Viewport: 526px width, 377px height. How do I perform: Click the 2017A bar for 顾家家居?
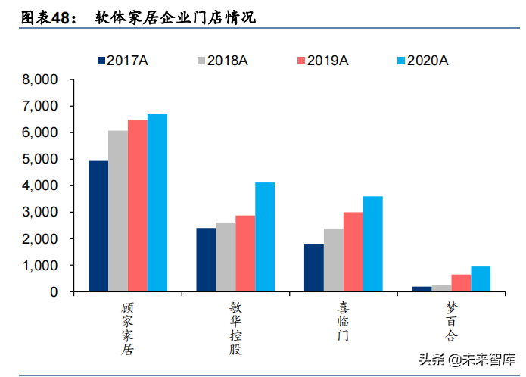(x=98, y=226)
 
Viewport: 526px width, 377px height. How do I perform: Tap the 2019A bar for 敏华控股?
(x=245, y=254)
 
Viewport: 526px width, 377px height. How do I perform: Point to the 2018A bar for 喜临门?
(x=333, y=260)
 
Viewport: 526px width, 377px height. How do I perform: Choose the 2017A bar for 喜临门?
(x=313, y=268)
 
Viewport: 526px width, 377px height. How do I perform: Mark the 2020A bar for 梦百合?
(x=481, y=279)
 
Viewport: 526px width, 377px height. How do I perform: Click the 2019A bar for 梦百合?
(x=461, y=283)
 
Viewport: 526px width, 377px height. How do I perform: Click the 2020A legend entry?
(x=422, y=61)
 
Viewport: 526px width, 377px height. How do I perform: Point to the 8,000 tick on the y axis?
(x=42, y=79)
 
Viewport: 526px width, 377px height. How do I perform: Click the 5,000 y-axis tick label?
(x=42, y=160)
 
